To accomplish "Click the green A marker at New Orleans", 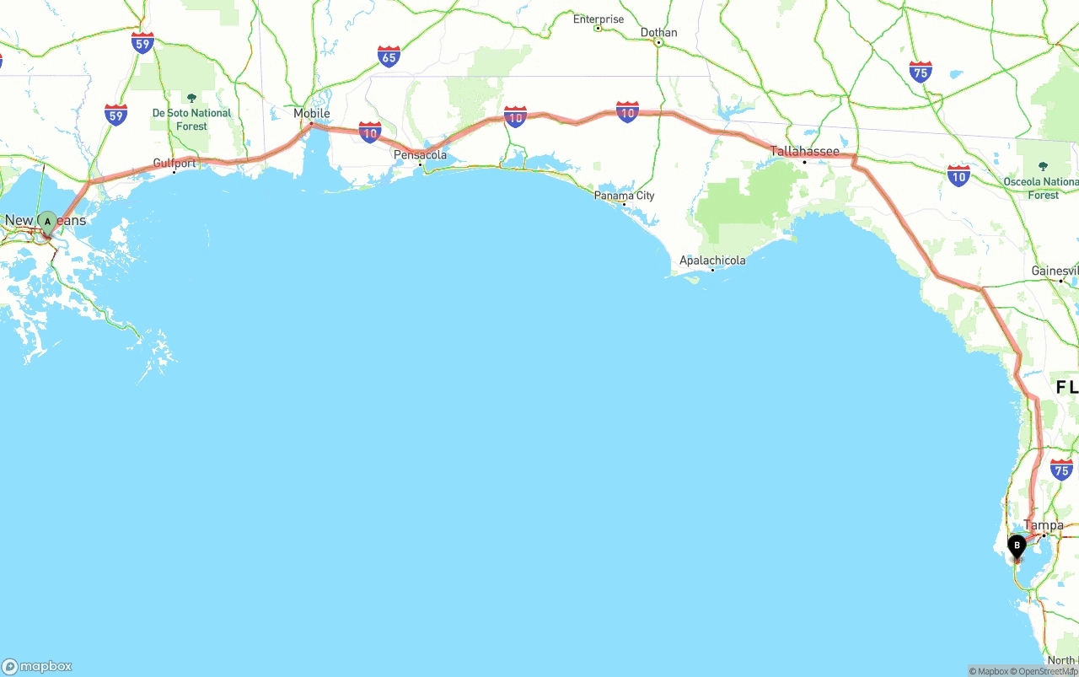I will pos(48,222).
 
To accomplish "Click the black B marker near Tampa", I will pos(1017,546).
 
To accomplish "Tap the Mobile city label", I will pos(312,113).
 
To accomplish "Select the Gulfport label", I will pos(174,163).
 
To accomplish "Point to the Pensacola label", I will pos(420,155).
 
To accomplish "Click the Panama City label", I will pos(624,196).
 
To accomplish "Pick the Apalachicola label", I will pos(712,261).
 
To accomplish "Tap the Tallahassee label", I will pos(805,152).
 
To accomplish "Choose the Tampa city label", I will pos(1044,525).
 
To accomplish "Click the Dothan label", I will pos(658,32).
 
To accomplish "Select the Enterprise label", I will pos(599,19).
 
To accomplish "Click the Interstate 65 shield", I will pos(389,56).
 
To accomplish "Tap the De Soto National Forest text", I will pos(191,120).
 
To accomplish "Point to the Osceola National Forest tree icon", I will pos(1043,166).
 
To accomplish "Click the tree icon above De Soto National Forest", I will pos(191,98).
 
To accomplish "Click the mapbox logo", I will pos(37,666).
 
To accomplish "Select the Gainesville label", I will pos(1055,271).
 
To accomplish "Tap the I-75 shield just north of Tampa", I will pos(1061,470).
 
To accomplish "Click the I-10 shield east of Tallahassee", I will pos(958,175).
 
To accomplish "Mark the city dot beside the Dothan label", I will pos(658,42).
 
